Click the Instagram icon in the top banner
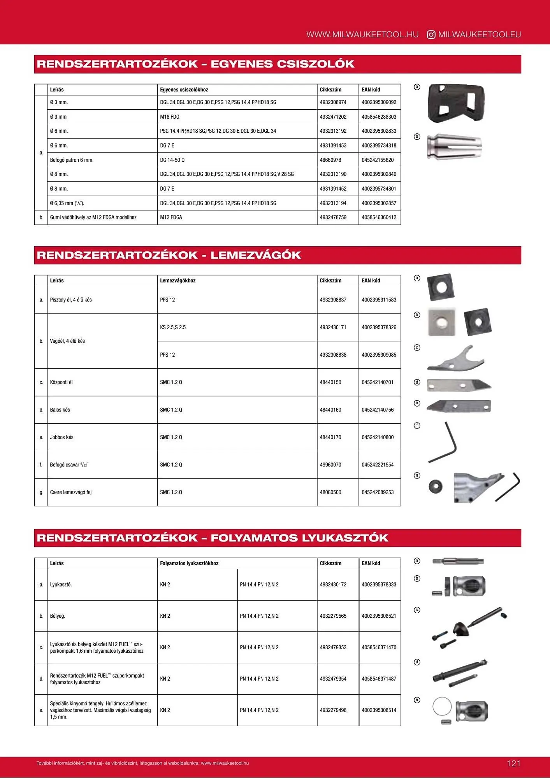pyautogui.click(x=431, y=35)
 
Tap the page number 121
pyautogui.click(x=513, y=763)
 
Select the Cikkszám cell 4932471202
pyautogui.click(x=333, y=117)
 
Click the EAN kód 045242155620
pyautogui.click(x=377, y=160)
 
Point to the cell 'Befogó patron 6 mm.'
pyautogui.click(x=72, y=160)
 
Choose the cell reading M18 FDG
pyautogui.click(x=170, y=117)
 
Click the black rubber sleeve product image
pyautogui.click(x=456, y=103)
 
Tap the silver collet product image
pyautogui.click(x=454, y=146)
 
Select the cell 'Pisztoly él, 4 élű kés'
pyautogui.click(x=71, y=300)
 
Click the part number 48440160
pyautogui.click(x=330, y=410)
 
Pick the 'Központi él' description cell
pyautogui.click(x=61, y=382)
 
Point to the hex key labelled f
pyautogui.click(x=445, y=443)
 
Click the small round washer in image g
pyautogui.click(x=435, y=486)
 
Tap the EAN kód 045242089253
pyautogui.click(x=377, y=492)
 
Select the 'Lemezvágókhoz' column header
pyautogui.click(x=177, y=280)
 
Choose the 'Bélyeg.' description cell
pyautogui.click(x=58, y=616)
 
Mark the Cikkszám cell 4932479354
pyautogui.click(x=333, y=679)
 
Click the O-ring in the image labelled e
pyautogui.click(x=442, y=706)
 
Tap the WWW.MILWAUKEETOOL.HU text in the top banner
pyautogui.click(x=362, y=35)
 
